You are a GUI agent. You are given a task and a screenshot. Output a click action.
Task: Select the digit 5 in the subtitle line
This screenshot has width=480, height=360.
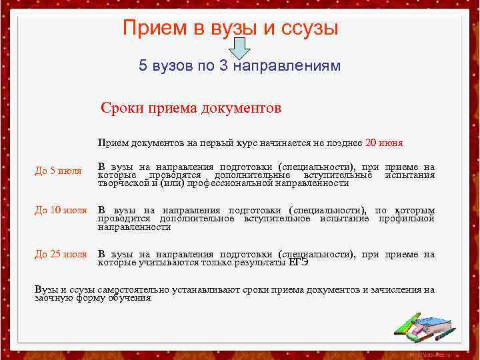coord(143,66)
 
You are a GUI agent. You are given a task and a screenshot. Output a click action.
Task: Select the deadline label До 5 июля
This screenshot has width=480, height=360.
coord(58,171)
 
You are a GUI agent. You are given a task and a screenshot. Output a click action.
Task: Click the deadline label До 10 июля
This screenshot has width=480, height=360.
coord(61,211)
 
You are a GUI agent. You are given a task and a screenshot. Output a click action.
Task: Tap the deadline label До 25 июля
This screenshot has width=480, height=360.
coord(61,254)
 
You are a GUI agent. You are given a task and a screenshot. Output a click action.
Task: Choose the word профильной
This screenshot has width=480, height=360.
coord(406,219)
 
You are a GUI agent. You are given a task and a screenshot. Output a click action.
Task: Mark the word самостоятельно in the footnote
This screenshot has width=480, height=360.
coord(131,290)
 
